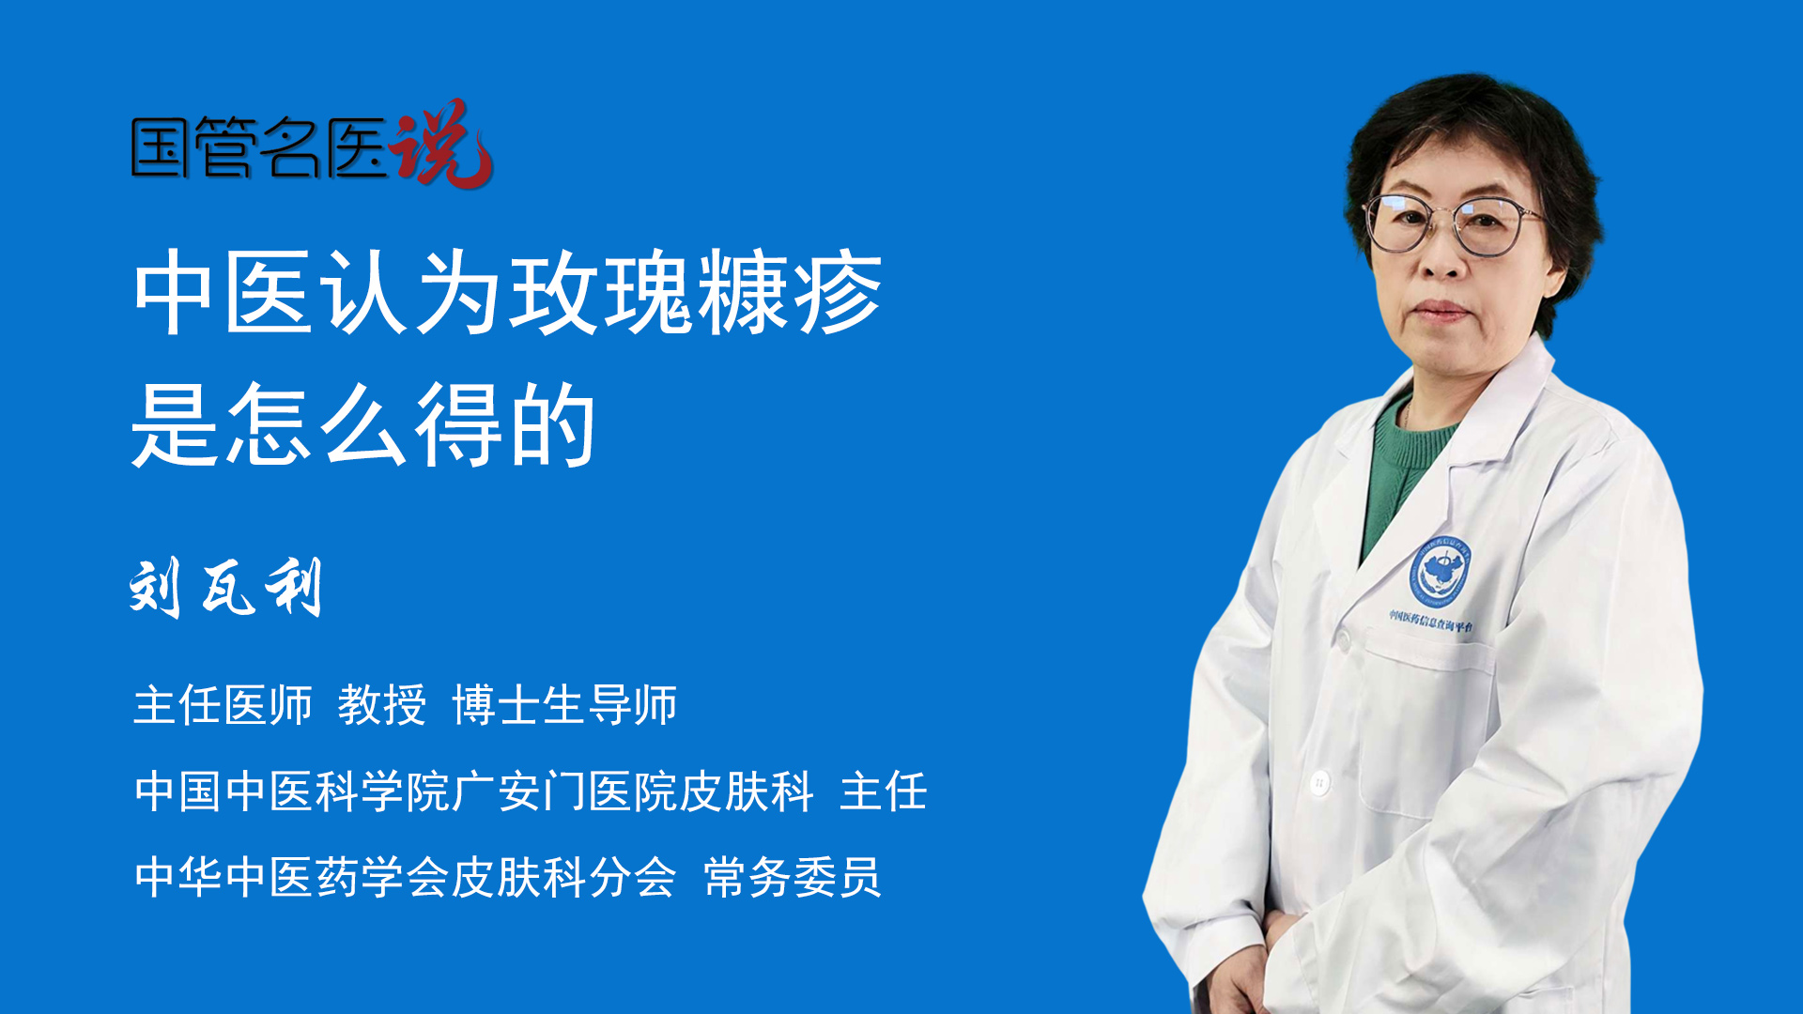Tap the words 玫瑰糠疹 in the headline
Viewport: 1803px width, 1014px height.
(696, 293)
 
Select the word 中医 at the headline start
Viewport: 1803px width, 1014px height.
(223, 293)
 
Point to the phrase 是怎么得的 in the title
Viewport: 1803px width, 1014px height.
(364, 425)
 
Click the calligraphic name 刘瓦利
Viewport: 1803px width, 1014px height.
(226, 587)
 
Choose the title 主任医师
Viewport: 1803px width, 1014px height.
(223, 705)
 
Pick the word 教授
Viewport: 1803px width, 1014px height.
(382, 705)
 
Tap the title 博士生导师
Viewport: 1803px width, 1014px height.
(564, 705)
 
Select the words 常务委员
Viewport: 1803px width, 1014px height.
(793, 878)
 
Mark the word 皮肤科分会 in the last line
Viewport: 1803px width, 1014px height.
(564, 878)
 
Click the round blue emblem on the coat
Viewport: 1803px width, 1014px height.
(1440, 571)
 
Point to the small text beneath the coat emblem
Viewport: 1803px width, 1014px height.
(1431, 621)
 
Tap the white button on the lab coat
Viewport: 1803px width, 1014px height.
(1320, 781)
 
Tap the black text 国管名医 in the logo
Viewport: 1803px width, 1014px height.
(259, 147)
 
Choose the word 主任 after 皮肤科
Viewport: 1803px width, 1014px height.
(884, 791)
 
